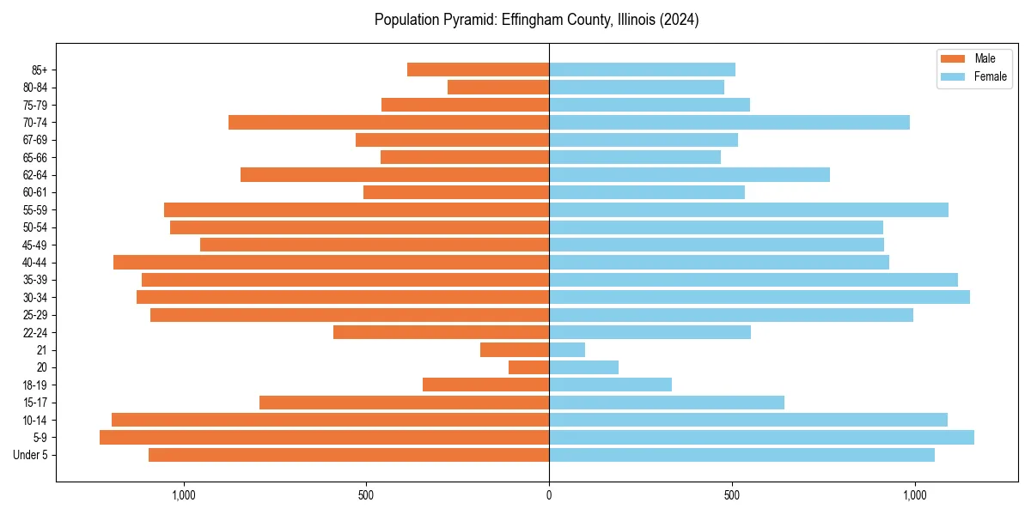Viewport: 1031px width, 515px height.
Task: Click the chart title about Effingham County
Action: [x=536, y=20]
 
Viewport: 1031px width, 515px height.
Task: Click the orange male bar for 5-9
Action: [x=324, y=438]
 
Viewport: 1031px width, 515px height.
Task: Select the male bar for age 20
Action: [x=528, y=367]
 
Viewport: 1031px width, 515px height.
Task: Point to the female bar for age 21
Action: [x=567, y=350]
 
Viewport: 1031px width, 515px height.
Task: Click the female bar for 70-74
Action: [x=729, y=123]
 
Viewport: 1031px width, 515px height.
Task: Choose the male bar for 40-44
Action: [x=331, y=263]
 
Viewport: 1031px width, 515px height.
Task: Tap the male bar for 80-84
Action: [x=498, y=88]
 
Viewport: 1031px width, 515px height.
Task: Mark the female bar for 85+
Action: [x=642, y=70]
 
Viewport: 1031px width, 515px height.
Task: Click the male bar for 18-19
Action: [x=485, y=385]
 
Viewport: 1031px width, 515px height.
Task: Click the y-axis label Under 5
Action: [x=30, y=455]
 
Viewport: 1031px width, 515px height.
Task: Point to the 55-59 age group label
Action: [x=35, y=210]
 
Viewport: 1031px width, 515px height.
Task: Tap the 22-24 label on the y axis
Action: [x=35, y=333]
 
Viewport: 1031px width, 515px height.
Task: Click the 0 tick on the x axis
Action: [x=549, y=495]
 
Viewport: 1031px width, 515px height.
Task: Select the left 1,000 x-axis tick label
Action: [x=184, y=495]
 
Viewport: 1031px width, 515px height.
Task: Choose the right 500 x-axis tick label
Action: [x=732, y=495]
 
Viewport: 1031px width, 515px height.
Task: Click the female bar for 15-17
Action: [x=667, y=403]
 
